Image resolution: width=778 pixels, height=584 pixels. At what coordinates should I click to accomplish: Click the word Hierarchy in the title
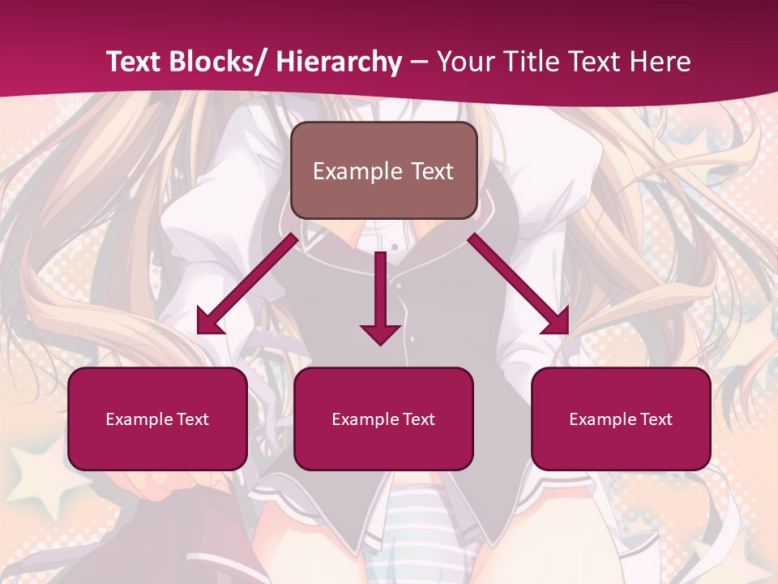[x=339, y=62]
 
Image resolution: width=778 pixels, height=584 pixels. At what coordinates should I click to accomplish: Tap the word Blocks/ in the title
[x=217, y=62]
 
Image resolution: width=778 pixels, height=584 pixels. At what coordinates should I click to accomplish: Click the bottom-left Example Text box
[x=157, y=419]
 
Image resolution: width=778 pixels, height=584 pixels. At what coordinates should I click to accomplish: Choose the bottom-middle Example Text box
[x=383, y=419]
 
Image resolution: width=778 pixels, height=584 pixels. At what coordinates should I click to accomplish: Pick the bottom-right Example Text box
[x=621, y=419]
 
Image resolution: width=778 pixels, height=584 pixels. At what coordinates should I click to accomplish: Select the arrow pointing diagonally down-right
[x=519, y=284]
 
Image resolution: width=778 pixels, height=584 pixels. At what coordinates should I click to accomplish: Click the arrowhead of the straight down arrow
[x=380, y=333]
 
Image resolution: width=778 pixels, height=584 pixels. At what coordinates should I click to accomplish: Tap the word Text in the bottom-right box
[x=656, y=419]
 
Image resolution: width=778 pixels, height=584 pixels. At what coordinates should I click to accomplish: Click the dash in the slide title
[x=419, y=62]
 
